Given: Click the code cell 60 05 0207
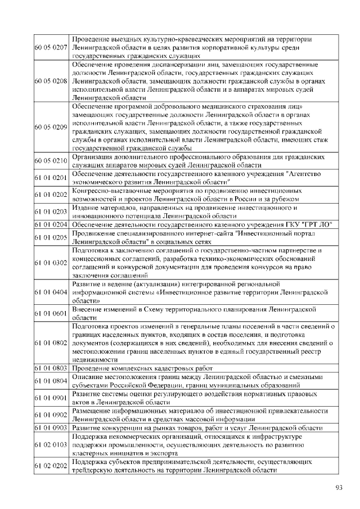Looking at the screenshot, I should coord(51,48).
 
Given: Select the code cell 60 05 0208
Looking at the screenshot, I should coord(51,81).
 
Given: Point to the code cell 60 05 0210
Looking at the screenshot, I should coord(51,161).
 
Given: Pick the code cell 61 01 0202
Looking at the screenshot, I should coord(51,195).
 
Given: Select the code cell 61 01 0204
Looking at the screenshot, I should coord(51,224).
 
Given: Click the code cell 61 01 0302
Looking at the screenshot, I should coord(51,262).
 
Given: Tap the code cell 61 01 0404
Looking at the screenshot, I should coord(51,292).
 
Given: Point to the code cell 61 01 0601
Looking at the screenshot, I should coord(51,313).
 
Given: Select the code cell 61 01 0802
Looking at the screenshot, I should coord(51,342).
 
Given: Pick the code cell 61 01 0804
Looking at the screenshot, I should coord(51,381).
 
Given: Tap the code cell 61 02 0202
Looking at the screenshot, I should coord(51,466).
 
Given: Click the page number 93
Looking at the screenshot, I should coord(339,487).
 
